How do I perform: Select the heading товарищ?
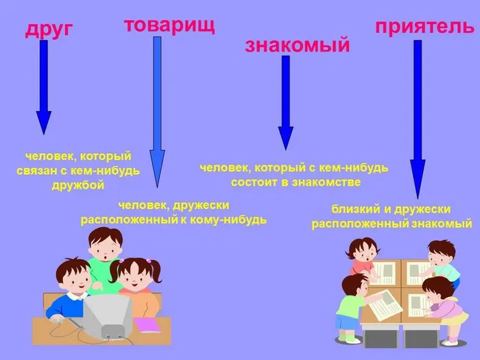(169, 25)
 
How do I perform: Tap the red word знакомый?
(297, 45)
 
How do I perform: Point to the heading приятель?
(424, 27)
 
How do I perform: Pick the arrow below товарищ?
(157, 110)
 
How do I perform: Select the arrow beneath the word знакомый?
(285, 103)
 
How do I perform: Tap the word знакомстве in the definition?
(327, 182)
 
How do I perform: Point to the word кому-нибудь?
(234, 220)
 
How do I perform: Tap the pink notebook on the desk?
(147, 324)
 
